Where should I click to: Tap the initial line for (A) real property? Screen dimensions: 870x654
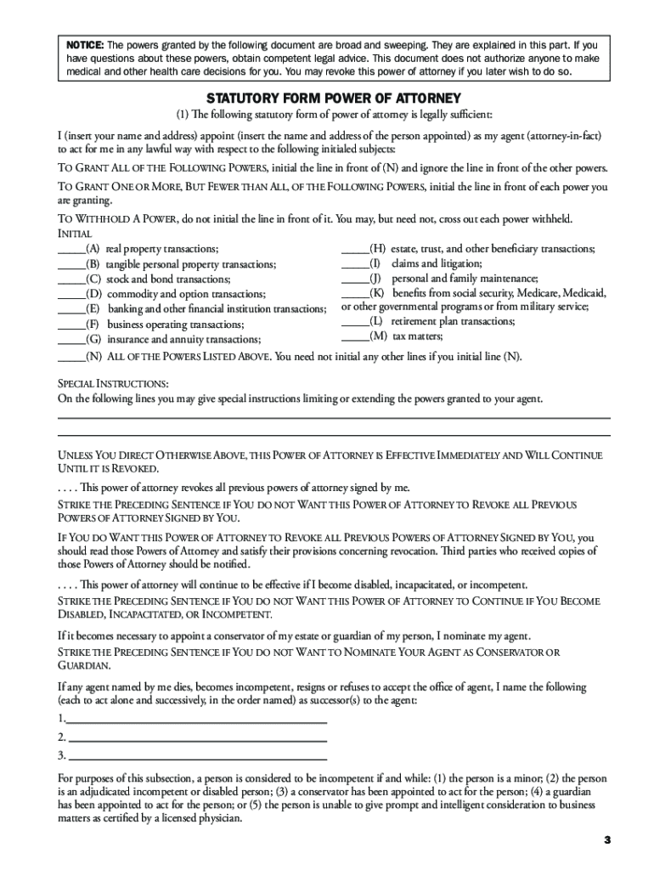70,250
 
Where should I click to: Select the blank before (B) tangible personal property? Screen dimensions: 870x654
70,265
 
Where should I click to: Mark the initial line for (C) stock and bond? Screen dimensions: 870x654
70,280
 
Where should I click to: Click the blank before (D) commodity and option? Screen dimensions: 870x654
70,294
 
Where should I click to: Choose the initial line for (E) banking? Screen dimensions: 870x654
70,309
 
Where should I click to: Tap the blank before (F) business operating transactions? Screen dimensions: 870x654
70,325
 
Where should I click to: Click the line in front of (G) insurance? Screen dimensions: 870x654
70,339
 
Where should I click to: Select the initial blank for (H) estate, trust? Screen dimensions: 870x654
354,250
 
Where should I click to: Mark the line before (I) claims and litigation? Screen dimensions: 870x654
354,264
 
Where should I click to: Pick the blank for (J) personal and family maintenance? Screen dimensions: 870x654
354,279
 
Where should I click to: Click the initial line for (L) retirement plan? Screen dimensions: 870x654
354,322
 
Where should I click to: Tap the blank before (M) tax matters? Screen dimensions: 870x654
354,336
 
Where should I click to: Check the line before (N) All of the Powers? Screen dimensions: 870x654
70,358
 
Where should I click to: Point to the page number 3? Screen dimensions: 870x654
607,840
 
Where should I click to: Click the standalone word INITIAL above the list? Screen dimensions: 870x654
75,234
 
